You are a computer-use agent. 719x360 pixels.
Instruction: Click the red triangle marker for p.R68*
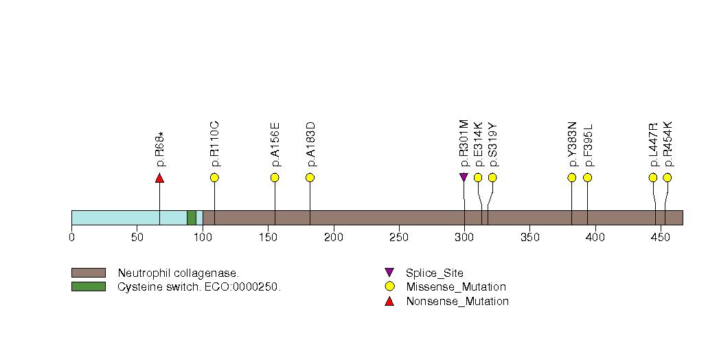(x=159, y=178)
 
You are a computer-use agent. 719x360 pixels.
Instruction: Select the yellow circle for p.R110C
(x=214, y=177)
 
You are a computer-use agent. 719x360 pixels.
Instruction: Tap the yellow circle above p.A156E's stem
(x=275, y=177)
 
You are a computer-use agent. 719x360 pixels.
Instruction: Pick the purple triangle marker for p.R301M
(x=464, y=177)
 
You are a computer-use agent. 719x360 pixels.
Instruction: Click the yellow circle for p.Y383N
(x=572, y=177)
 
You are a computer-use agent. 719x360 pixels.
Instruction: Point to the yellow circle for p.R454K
(x=667, y=177)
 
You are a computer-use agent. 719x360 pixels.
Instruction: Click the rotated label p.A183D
(x=311, y=144)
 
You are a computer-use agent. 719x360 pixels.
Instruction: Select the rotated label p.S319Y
(x=493, y=144)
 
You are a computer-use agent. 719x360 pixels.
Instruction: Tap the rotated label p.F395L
(x=589, y=145)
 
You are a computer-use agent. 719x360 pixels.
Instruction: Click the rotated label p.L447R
(x=654, y=144)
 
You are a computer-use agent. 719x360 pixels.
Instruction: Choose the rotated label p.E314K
(x=479, y=144)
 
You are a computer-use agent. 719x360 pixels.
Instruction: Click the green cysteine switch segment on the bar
(x=192, y=218)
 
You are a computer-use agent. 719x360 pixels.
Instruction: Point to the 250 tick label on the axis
(x=399, y=238)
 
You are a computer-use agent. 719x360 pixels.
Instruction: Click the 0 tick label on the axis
(x=71, y=238)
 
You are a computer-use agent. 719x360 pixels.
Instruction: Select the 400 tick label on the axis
(x=595, y=238)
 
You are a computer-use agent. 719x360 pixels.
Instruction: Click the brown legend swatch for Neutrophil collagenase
(x=89, y=273)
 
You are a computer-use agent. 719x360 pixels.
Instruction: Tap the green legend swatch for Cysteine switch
(x=89, y=286)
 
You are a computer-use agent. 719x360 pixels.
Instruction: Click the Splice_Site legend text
(x=435, y=273)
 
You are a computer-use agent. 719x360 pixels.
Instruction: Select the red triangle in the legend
(x=389, y=302)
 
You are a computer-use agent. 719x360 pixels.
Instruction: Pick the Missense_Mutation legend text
(x=456, y=287)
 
